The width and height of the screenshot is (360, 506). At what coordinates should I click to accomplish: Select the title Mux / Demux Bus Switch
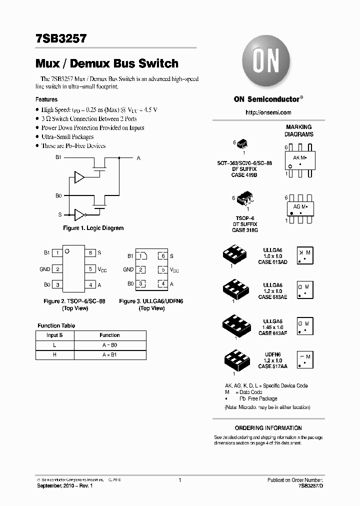[107, 63]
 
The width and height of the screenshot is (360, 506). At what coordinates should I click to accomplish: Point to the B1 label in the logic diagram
[58, 157]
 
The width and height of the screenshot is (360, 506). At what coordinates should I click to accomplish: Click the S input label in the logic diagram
[60, 214]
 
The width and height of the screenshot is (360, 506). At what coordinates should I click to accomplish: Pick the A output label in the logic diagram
[138, 158]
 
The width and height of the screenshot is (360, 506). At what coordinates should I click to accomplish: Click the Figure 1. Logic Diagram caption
[93, 228]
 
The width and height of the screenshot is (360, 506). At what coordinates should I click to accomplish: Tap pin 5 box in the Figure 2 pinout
[90, 269]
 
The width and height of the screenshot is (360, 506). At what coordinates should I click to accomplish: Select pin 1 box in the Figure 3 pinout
[142, 256]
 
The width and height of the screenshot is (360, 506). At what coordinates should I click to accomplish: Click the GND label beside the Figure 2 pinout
[45, 269]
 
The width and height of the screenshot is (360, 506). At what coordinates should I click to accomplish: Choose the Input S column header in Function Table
[54, 335]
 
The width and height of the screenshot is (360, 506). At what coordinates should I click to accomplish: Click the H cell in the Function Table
[54, 355]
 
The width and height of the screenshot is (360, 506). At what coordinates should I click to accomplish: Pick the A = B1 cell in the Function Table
[109, 355]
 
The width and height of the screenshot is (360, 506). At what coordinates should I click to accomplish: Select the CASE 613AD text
[272, 262]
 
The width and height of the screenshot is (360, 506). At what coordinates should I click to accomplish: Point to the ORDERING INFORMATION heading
[268, 428]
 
